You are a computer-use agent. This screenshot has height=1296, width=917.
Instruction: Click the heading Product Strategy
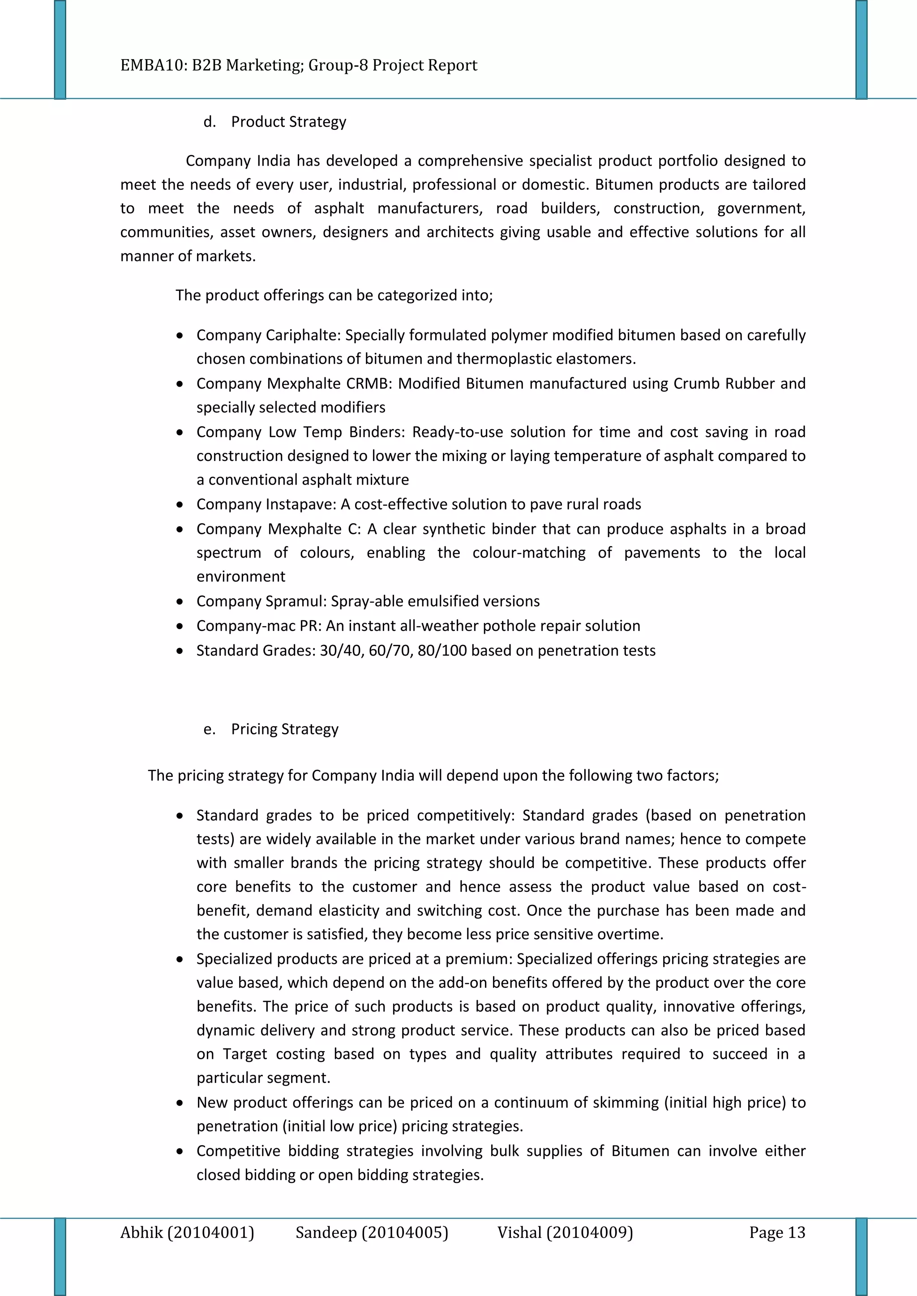tap(288, 122)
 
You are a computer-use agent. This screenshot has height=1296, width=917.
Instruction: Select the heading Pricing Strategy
tap(285, 729)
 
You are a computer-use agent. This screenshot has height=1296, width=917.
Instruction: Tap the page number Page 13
tap(777, 1232)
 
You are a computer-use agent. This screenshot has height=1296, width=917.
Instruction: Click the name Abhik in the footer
tap(141, 1232)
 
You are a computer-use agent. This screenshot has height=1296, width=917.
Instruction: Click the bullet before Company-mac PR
tap(180, 627)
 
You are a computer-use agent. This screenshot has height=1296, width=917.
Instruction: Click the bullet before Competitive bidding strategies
tap(180, 1151)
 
